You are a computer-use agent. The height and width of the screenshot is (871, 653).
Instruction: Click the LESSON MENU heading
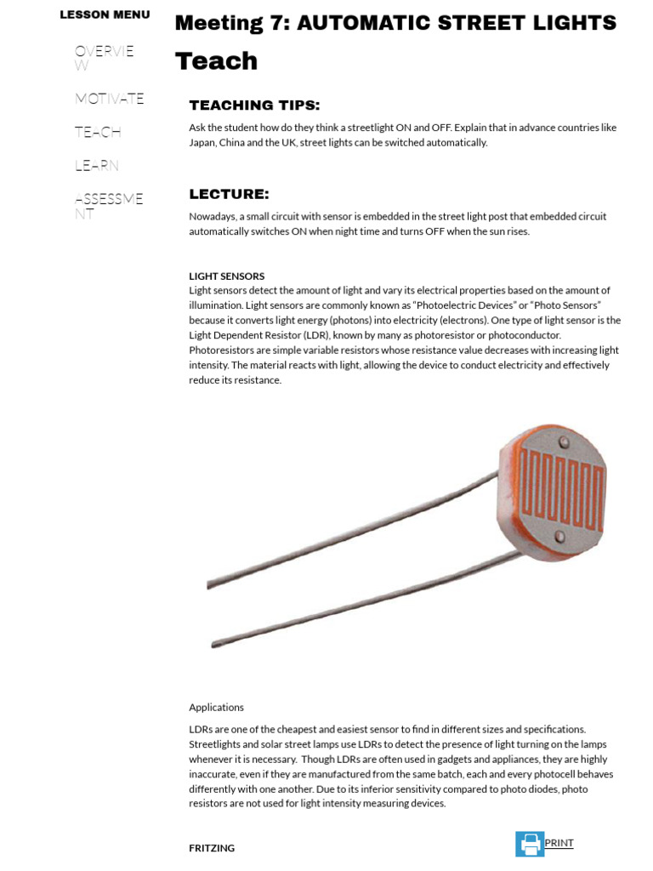(x=105, y=14)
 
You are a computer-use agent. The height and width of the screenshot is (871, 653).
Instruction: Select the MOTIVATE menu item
(x=109, y=99)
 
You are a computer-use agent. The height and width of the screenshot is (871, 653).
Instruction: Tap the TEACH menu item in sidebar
(x=98, y=132)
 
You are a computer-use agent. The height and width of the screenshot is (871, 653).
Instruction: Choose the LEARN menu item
(x=96, y=165)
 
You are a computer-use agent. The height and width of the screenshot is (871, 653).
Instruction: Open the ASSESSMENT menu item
(x=108, y=206)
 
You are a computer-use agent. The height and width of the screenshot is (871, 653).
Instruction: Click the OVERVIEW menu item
(x=104, y=58)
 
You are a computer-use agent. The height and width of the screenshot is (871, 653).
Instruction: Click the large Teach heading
(x=216, y=61)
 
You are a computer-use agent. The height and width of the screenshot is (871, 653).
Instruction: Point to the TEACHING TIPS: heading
(x=254, y=105)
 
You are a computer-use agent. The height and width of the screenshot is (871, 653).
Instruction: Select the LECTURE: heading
(x=229, y=194)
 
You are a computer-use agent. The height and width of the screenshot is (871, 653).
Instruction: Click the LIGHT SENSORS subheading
(x=226, y=276)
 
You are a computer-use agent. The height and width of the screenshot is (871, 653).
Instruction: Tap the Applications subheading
(x=216, y=707)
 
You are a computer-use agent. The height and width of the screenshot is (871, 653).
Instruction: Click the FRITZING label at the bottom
(x=212, y=848)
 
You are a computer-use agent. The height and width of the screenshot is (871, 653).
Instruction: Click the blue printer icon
(x=530, y=844)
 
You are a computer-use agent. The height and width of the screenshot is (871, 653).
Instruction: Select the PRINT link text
(x=559, y=843)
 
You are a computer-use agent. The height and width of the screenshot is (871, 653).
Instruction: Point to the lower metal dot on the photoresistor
(x=559, y=536)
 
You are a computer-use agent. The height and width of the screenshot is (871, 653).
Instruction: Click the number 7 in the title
(x=280, y=23)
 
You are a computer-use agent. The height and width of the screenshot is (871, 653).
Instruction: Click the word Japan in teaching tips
(x=203, y=142)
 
